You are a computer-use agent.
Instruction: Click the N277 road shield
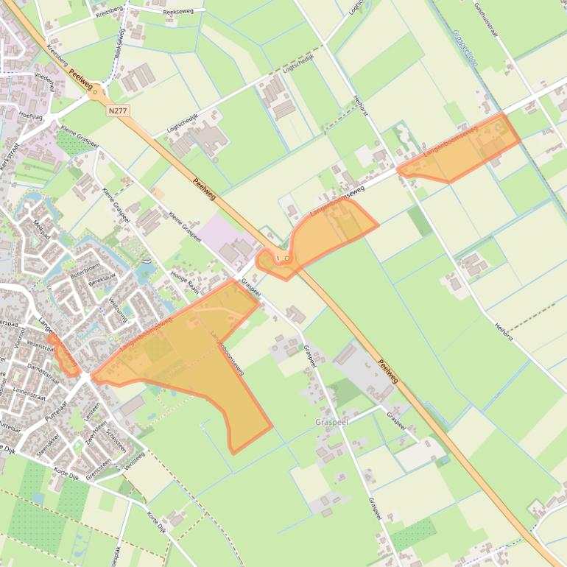[x=117, y=110]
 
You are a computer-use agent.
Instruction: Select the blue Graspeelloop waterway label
[x=465, y=48]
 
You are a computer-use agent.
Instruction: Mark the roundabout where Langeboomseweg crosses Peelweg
[x=283, y=258]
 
